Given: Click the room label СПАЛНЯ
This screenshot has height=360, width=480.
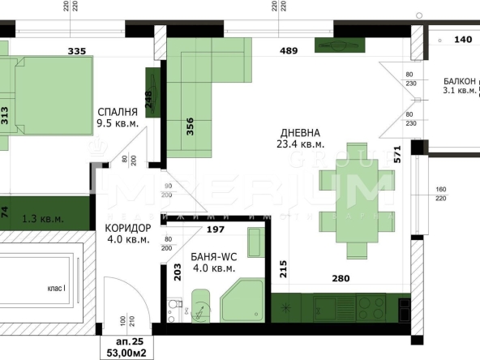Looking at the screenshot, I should coord(118,112).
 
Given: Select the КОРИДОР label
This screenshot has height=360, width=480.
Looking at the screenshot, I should coord(129,228).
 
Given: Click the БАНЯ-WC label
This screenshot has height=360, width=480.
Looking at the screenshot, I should coord(213,256).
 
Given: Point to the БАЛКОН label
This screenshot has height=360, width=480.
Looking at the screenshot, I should coord(459,80).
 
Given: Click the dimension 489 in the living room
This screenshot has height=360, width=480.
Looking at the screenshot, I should coord(289,51).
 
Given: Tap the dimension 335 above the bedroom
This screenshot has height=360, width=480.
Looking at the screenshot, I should coord(76,51).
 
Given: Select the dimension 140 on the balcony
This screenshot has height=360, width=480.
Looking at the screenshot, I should coord(462,38).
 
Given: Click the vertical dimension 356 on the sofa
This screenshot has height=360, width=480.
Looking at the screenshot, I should coord(190,126).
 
